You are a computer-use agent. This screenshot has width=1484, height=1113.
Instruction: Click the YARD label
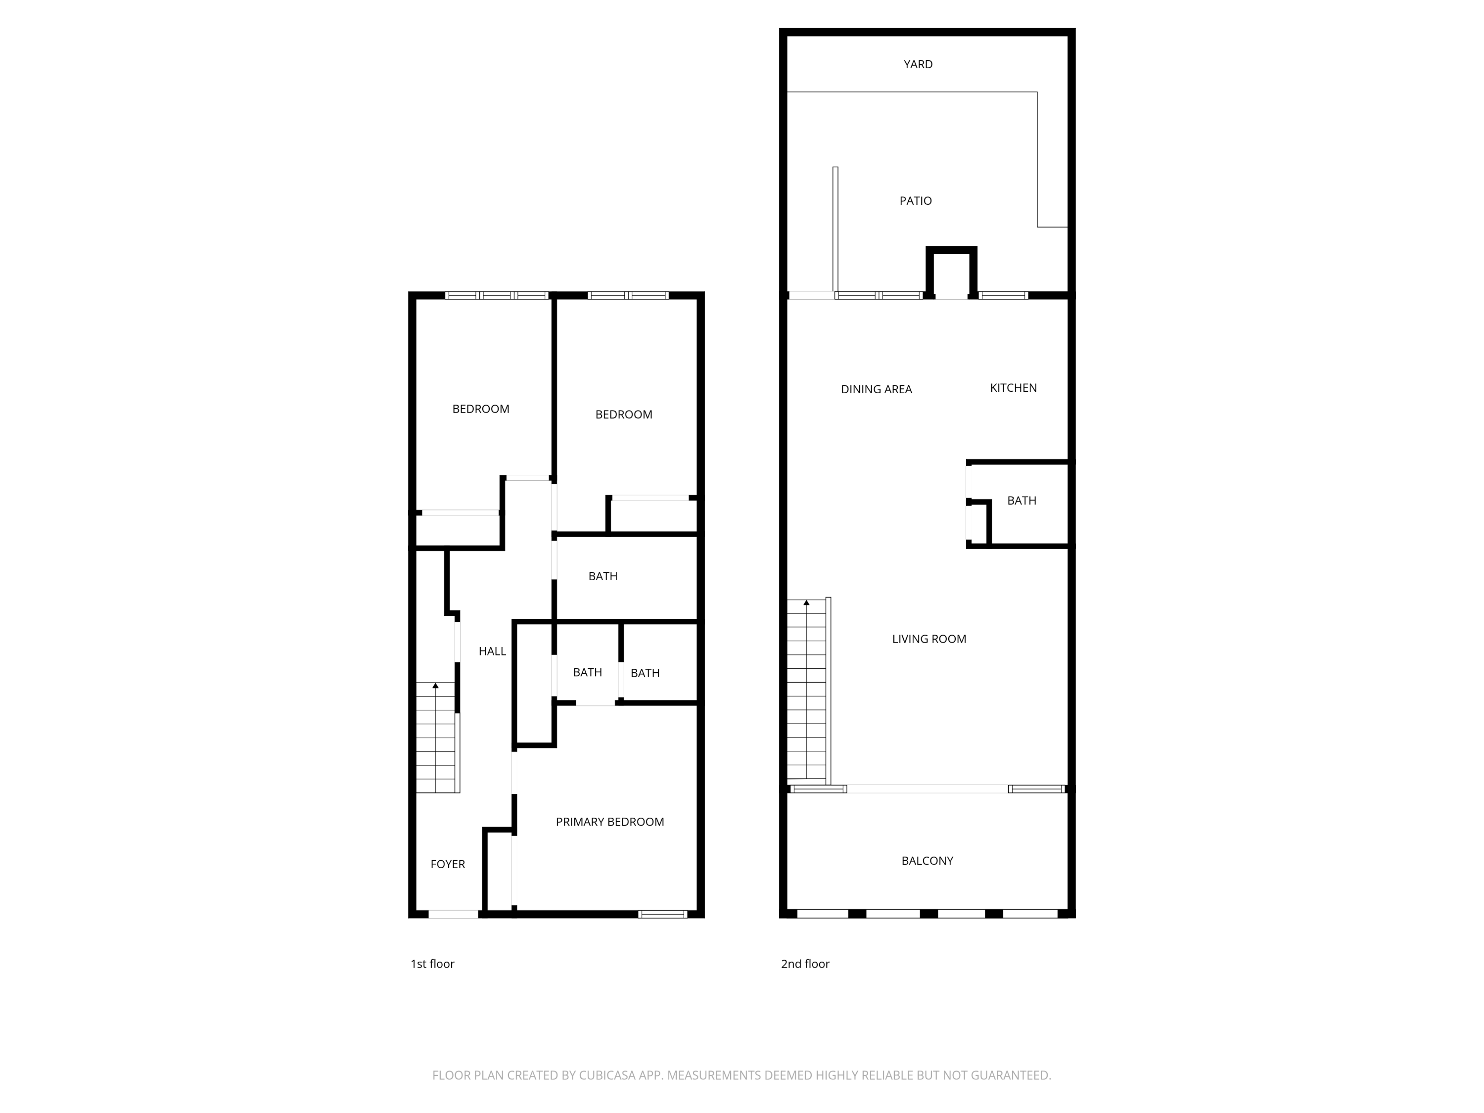[918, 64]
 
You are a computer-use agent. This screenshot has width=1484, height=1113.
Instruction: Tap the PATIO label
[916, 201]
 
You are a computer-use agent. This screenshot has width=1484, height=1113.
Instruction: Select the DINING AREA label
[876, 389]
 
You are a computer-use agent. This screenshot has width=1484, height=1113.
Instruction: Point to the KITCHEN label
[1013, 388]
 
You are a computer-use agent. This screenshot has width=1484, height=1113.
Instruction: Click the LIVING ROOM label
[929, 639]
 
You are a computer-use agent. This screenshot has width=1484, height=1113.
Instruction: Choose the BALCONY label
[927, 861]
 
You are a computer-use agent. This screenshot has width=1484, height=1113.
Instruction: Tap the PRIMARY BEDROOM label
[610, 822]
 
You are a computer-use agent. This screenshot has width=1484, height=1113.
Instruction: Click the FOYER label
[448, 864]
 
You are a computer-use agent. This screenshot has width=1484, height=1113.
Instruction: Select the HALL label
[492, 651]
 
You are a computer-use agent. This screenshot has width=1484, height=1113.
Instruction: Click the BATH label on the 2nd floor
[1022, 501]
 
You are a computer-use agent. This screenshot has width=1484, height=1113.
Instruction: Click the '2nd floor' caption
[805, 964]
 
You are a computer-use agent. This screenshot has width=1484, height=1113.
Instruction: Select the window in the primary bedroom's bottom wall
[663, 914]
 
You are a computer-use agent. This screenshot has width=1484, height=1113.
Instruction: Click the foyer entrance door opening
[454, 914]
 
